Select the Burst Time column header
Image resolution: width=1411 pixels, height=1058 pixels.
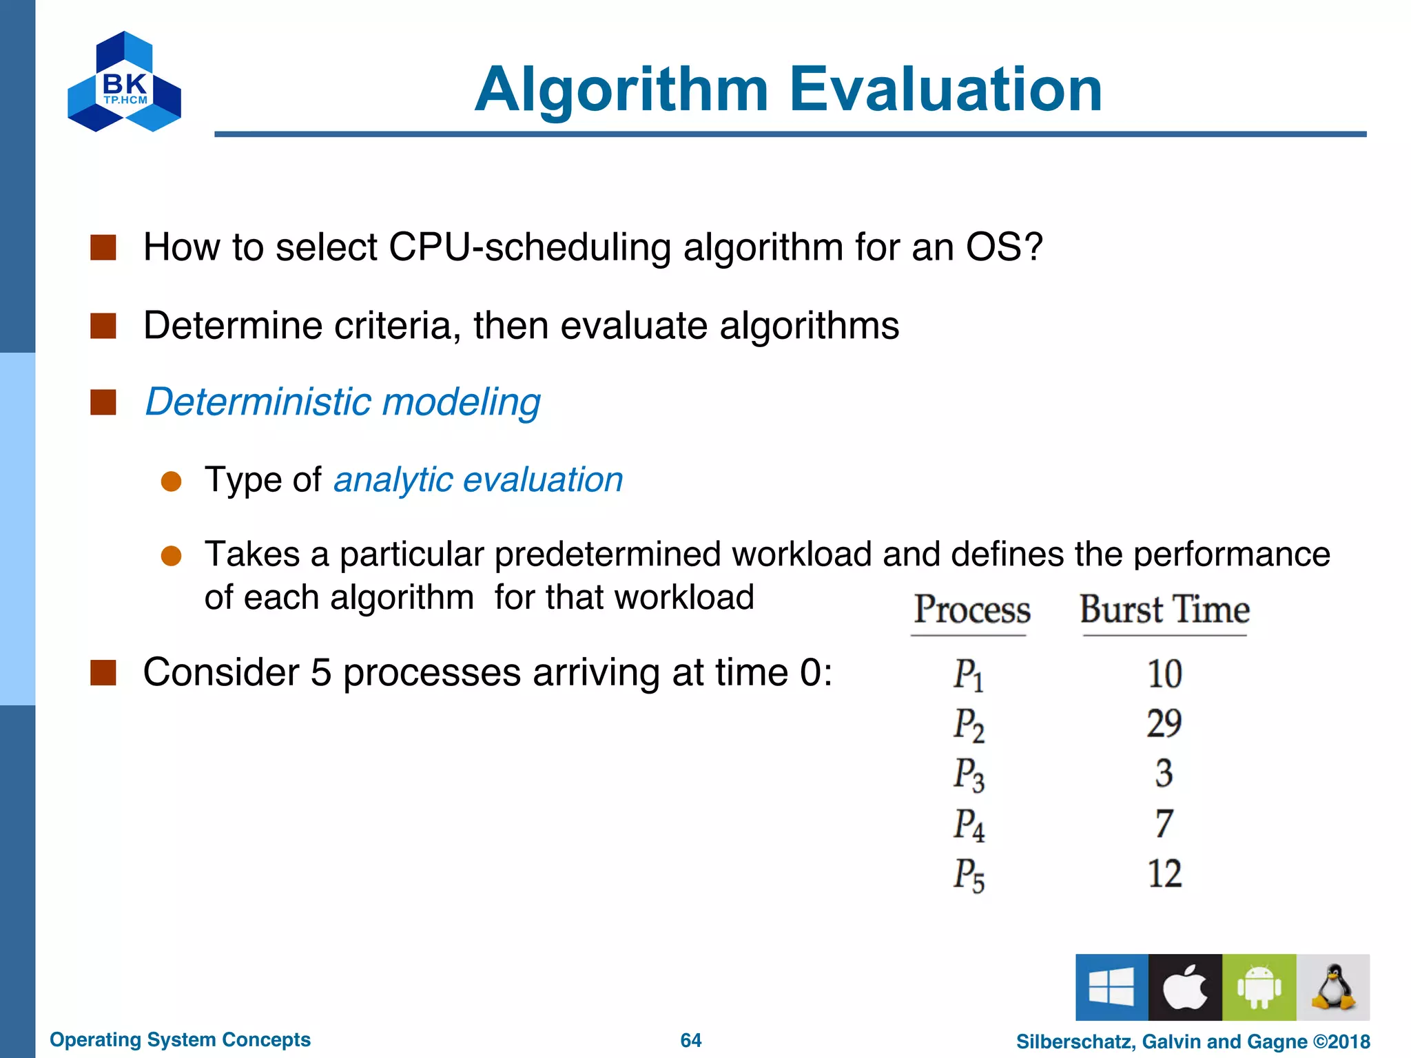1164,610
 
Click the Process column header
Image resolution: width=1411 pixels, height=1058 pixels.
971,610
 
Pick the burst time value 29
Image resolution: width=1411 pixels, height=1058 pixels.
1164,724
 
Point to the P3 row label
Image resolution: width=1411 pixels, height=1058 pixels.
969,774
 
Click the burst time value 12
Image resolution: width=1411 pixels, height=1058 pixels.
1164,874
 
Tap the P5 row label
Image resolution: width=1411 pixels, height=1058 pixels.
969,875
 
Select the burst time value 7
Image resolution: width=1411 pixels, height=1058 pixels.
1164,824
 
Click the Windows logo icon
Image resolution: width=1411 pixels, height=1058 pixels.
1111,987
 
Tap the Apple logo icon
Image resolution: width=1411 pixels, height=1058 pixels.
1185,987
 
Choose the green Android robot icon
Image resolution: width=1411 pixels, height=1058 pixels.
1259,987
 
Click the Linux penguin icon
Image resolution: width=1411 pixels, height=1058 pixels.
1333,987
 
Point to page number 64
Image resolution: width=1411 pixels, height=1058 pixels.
690,1040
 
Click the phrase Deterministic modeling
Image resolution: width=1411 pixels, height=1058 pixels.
342,402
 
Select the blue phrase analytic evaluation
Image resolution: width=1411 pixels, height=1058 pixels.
478,479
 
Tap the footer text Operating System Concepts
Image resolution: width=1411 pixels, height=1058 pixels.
180,1039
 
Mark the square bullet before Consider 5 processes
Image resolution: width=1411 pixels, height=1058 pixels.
103,673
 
